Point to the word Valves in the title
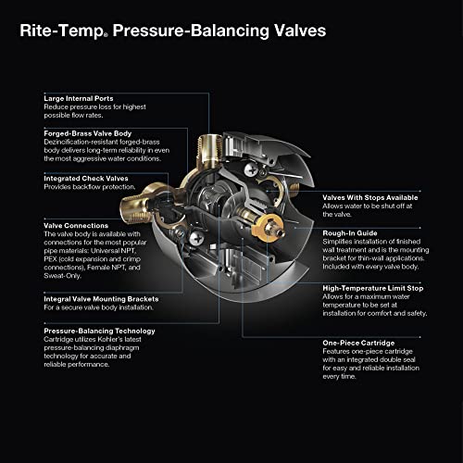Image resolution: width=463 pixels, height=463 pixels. point(294,31)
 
